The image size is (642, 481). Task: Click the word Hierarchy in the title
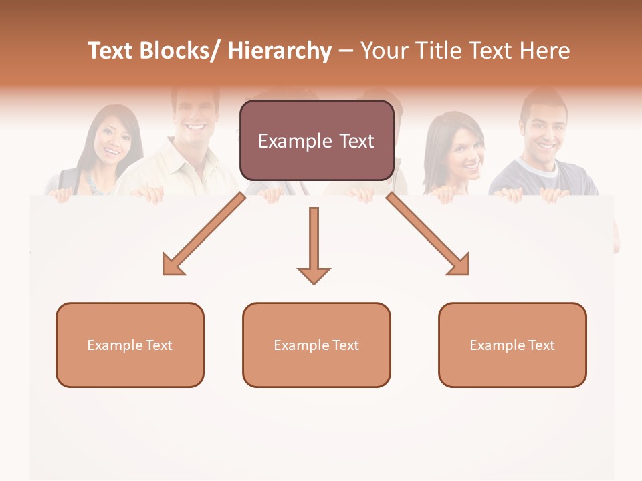pyautogui.click(x=280, y=51)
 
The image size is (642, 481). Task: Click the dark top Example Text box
pyautogui.click(x=316, y=140)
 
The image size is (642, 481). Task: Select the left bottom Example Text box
pyautogui.click(x=130, y=345)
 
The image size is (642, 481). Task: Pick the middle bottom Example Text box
pyautogui.click(x=316, y=345)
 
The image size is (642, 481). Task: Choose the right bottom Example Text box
pyautogui.click(x=512, y=345)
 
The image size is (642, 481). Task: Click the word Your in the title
pyautogui.click(x=385, y=51)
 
